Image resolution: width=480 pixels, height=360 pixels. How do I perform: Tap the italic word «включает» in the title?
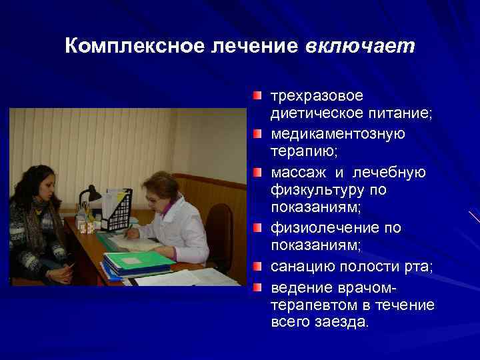(360, 46)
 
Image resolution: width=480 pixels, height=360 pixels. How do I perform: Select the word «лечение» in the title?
(245, 46)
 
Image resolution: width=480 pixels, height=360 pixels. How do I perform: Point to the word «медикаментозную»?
(337, 134)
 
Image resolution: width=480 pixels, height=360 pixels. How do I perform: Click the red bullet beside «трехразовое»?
(257, 97)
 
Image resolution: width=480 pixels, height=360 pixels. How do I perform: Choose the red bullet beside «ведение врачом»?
(257, 287)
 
